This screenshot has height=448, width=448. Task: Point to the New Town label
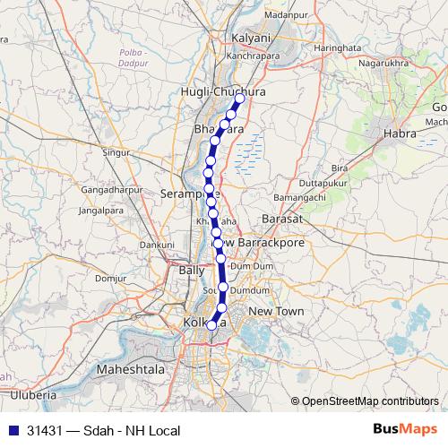276,311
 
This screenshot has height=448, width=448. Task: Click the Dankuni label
157,244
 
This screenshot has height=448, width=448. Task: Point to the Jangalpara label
100,210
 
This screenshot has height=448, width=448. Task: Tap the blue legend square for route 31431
9,431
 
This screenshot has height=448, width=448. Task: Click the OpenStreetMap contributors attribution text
369,401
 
